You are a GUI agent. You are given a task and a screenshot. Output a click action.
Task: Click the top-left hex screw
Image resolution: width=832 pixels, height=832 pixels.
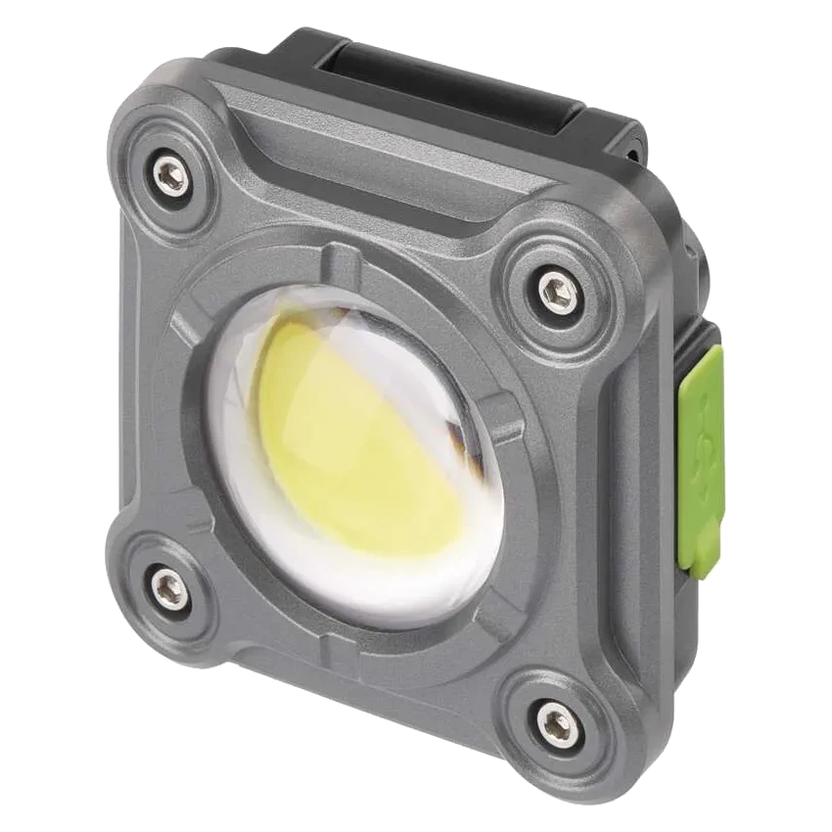pyautogui.click(x=170, y=175)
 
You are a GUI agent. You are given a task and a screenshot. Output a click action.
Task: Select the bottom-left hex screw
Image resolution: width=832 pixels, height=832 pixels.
pyautogui.click(x=167, y=588)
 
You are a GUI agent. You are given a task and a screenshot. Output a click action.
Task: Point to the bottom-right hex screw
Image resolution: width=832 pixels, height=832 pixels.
pyautogui.click(x=556, y=724)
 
